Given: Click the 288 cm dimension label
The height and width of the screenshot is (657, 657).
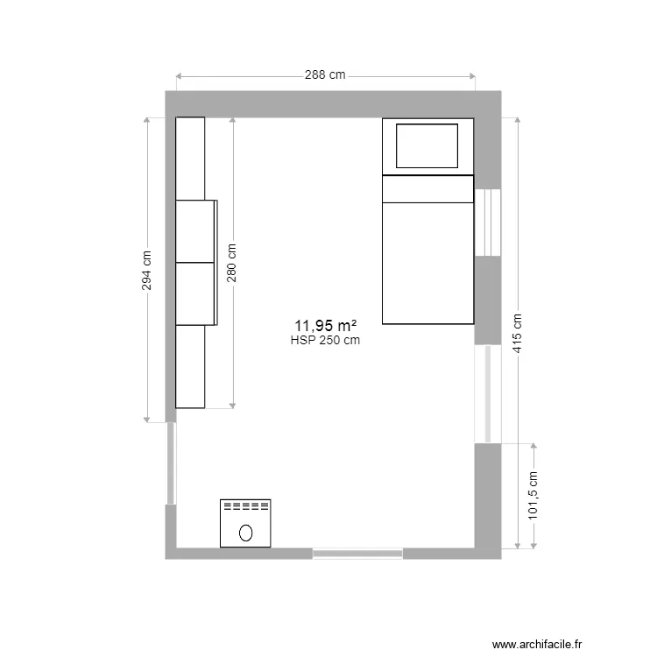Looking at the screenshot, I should pos(325,75).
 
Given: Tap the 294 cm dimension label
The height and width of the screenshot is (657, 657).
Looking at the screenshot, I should pos(147,271).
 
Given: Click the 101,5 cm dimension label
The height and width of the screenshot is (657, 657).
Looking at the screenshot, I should pos(533,497).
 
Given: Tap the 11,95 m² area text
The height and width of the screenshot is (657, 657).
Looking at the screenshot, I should pos(325,326).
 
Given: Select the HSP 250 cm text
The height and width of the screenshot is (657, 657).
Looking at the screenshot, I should pos(325,341).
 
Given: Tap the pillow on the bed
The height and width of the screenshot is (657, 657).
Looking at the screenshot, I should pos(427,145).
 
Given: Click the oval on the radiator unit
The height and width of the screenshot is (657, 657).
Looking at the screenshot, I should pos(246,531).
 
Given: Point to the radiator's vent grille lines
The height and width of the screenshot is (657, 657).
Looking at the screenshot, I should pos(246,506).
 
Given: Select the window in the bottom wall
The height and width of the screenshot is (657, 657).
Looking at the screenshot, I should pos(357,554).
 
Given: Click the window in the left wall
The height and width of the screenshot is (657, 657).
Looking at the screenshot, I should pos(171,463).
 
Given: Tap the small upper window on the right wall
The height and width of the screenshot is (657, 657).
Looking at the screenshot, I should pos(487,223).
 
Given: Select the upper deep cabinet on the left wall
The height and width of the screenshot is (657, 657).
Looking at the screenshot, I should pos(196,231).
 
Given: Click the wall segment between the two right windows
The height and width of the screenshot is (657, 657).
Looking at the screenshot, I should pos(487,300).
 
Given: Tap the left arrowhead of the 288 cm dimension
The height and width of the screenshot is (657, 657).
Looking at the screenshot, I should pos(179,76).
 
